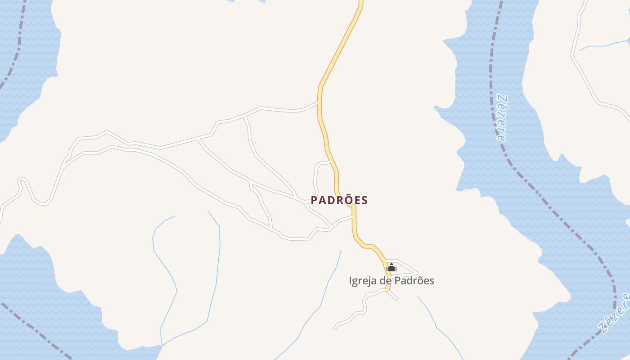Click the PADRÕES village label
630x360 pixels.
pyautogui.click(x=339, y=200)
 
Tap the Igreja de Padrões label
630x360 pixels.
pyautogui.click(x=391, y=281)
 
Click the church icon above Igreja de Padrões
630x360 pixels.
pyautogui.click(x=391, y=267)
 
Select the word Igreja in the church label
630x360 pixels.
pyautogui.click(x=363, y=281)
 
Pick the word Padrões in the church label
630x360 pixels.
pyautogui.click(x=413, y=281)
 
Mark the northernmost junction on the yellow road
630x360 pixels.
pyautogui.click(x=319, y=102)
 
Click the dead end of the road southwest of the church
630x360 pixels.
pyautogui.click(x=335, y=328)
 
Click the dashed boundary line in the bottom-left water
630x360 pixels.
pyautogui.click(x=36, y=328)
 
